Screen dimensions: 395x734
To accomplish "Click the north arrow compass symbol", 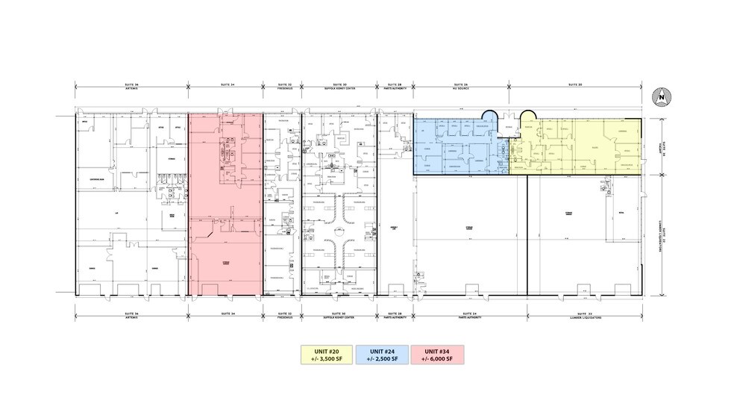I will tap(661, 96).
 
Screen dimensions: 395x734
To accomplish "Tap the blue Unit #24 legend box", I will tap(383, 355).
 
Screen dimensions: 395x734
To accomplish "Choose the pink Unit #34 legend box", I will tap(437, 355).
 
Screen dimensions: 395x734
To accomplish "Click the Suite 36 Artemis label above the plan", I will tap(131, 87).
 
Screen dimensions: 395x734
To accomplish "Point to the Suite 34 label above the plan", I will tap(225, 86).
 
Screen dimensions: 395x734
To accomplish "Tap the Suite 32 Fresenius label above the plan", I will tap(282, 87).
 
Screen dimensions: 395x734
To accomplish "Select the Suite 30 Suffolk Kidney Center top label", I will tap(339, 87).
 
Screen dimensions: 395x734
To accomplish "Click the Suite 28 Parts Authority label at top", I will tap(395, 87).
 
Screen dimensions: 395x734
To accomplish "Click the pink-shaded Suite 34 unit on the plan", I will tap(225, 246).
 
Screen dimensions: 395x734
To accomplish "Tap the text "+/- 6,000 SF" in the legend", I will tap(437, 359).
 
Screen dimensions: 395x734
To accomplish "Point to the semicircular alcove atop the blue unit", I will tap(489, 116).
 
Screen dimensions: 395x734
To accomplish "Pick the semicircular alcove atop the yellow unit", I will tap(527, 116).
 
